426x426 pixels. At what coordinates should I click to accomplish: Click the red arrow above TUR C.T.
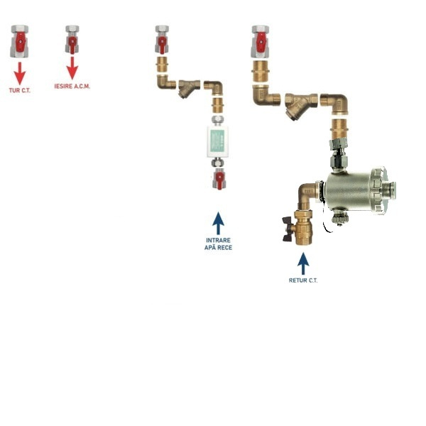[x=19, y=72]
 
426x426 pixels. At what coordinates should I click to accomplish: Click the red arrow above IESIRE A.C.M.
[x=72, y=68]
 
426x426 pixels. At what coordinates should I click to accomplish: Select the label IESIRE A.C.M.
[x=72, y=87]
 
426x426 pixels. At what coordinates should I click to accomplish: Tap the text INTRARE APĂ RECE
[x=219, y=244]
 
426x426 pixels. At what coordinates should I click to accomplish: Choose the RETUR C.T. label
[x=303, y=280]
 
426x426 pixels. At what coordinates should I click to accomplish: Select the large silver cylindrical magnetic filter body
[x=359, y=192]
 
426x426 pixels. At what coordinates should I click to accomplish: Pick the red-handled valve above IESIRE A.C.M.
[x=72, y=41]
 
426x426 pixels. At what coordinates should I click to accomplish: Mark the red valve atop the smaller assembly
[x=162, y=41]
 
